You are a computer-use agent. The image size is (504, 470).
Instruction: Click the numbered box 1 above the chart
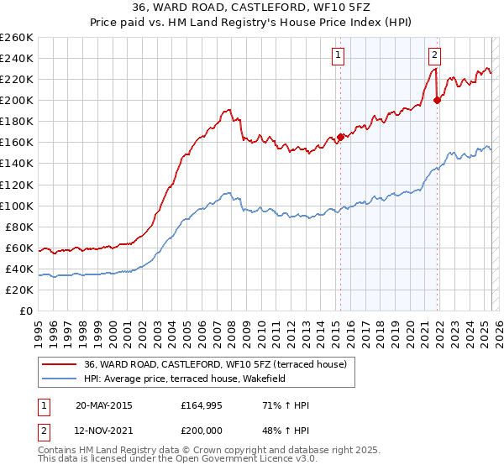coord(338,56)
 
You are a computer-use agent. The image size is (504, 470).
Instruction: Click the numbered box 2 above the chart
coord(434,56)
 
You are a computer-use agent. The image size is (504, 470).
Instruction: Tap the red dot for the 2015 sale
coord(340,137)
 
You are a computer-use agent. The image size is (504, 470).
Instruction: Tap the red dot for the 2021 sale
coord(437,100)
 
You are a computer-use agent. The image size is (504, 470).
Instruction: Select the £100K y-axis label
coord(16,206)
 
